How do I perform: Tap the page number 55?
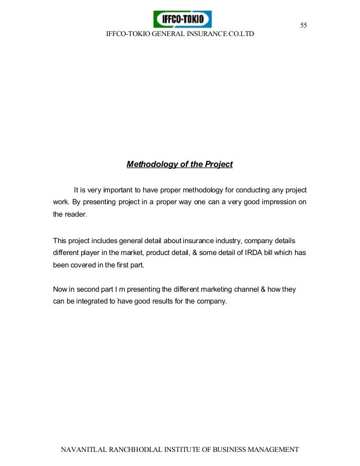(x=304, y=25)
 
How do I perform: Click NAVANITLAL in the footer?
(x=84, y=450)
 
